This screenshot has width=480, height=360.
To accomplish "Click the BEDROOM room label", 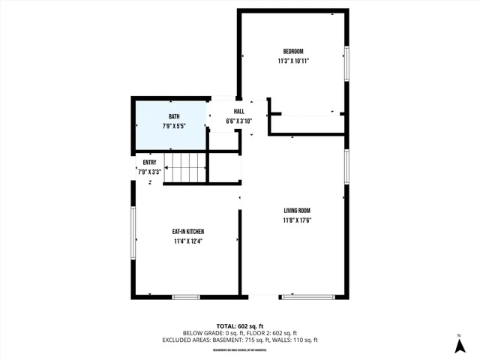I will tap(293, 51).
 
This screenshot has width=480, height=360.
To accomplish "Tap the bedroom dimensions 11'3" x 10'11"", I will tap(293, 61).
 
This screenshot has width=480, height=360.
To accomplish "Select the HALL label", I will tap(238, 111).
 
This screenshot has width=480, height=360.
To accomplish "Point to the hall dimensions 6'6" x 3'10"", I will tap(238, 121).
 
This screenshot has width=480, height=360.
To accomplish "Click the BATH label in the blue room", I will tap(174, 116).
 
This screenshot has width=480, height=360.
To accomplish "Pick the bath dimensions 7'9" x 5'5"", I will tap(174, 126).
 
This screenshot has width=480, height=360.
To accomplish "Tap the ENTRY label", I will tap(149, 163).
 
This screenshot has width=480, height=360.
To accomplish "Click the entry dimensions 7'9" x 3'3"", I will tap(149, 172).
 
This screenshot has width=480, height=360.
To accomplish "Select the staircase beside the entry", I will tap(184, 166).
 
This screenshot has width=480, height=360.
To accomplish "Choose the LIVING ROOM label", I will tap(297, 211).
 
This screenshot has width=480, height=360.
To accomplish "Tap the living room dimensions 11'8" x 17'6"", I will tap(297, 220).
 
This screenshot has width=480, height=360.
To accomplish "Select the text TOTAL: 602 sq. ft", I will tap(240, 325).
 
